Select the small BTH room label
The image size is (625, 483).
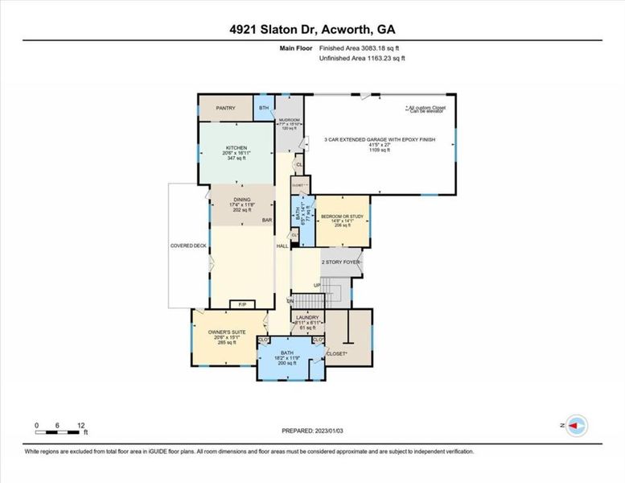[264, 107]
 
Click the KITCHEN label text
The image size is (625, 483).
[236, 148]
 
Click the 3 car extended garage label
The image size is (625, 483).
[379, 139]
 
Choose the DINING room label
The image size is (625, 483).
[242, 200]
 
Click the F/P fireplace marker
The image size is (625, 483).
[242, 304]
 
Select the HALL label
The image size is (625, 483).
[282, 246]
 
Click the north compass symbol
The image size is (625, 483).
[575, 425]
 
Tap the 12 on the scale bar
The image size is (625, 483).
[80, 424]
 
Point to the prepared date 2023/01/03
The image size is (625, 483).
[312, 431]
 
